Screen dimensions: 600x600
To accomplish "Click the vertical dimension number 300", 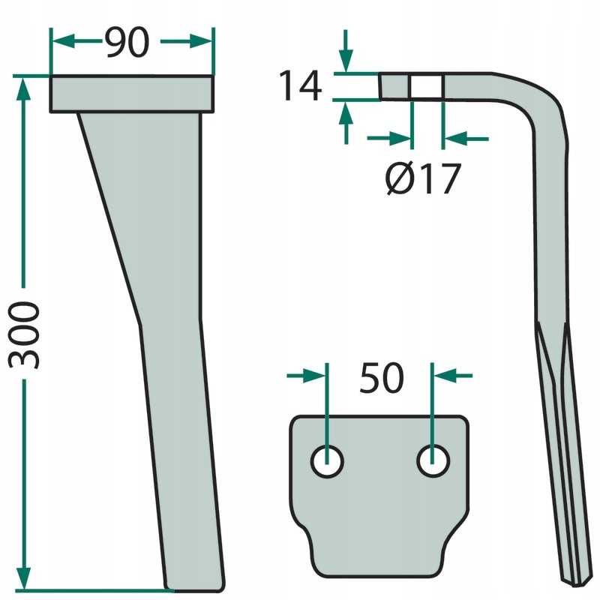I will [24, 334].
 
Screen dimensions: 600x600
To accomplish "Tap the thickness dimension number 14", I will [300, 86].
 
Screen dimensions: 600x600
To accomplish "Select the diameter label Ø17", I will [422, 179].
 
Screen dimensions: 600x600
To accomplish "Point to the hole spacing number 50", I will [381, 379].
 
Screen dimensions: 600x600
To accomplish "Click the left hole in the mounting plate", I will [327, 461].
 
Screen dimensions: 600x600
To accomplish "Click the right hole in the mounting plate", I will [432, 461].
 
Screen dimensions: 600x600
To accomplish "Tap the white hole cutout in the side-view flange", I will [426, 85].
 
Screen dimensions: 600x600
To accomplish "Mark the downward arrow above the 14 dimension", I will [345, 63].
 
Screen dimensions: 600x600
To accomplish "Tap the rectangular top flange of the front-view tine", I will [132, 94].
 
